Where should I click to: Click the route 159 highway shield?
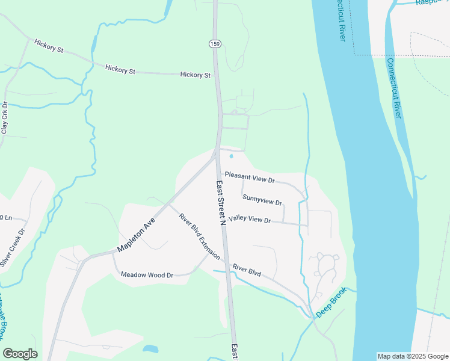coord(214,43)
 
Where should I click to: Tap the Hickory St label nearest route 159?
coord(196,75)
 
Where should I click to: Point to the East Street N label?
coord(221,203)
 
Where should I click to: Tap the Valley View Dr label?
coord(250,220)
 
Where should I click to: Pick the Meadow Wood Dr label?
coord(147,275)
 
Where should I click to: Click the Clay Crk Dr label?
coord(5,119)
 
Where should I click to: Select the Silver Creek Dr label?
coord(13,247)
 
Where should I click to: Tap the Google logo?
coord(20,354)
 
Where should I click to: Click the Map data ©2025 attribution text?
coord(412,356)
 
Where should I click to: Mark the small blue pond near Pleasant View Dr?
coord(232,158)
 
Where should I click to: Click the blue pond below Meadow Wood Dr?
coord(150,348)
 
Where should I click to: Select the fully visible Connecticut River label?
coord(393,88)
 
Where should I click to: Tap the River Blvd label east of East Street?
coord(247,270)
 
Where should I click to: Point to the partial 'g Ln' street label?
coord(7,217)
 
